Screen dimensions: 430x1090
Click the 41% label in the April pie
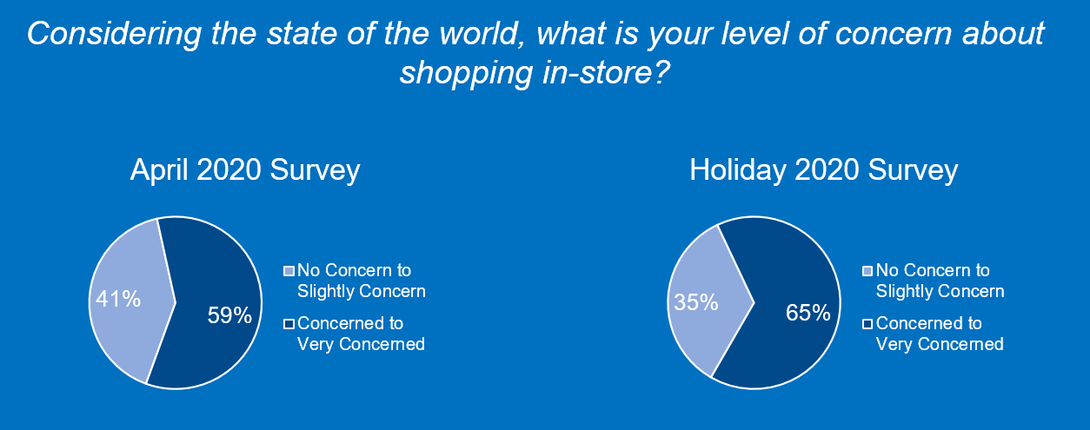[x=117, y=300]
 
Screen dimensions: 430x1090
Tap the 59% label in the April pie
[x=229, y=314]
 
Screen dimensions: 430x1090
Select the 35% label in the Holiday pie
[x=696, y=302]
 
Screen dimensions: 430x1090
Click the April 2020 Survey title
[x=244, y=169]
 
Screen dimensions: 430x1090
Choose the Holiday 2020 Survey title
[x=823, y=169]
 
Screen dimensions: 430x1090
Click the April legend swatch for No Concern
[x=289, y=270]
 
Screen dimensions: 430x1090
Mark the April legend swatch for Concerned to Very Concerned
[x=289, y=324]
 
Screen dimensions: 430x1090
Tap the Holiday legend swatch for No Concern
[x=868, y=270]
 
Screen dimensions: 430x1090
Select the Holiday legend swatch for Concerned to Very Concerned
[x=868, y=324]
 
